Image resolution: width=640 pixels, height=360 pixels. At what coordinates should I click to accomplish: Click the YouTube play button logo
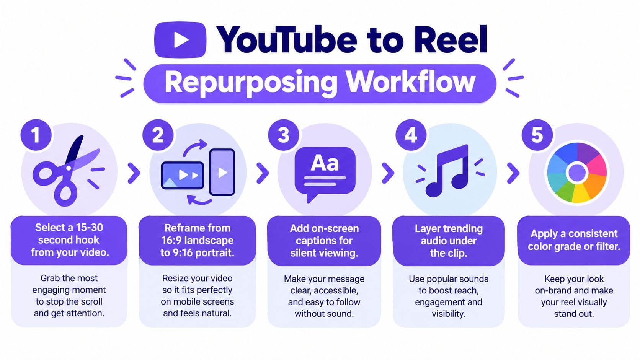tap(180, 40)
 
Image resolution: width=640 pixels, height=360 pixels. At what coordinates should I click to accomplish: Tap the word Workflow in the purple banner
tap(410, 82)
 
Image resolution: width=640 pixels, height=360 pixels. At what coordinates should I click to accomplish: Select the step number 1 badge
tap(36, 135)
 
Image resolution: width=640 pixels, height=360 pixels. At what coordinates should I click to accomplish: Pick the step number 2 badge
tap(158, 135)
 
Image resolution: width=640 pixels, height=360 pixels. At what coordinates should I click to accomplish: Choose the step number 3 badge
tap(283, 135)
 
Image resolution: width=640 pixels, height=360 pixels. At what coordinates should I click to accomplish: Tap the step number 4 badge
tap(411, 135)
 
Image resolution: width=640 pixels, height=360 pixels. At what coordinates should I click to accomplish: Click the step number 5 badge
tap(537, 135)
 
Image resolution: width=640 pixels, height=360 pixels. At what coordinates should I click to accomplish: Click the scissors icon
tap(67, 171)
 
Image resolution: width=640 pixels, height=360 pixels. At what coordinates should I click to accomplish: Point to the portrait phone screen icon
tap(222, 172)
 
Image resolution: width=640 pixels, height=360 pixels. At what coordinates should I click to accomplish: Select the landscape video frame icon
tap(183, 175)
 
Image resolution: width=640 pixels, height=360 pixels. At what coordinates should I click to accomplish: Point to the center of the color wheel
tap(577, 173)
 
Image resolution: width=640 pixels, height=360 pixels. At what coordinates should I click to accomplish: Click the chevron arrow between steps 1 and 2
tap(134, 173)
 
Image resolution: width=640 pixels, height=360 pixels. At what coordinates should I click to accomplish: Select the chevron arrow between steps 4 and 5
tap(513, 173)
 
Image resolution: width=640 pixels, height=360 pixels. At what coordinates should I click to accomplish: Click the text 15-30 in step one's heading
tap(89, 228)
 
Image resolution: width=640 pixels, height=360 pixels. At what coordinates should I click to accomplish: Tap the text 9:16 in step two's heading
tap(180, 253)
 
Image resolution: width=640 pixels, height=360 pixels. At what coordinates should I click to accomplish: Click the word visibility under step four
tap(449, 314)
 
